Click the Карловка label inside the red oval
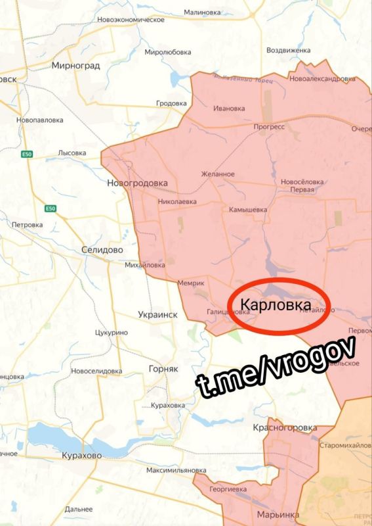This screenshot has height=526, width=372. pyautogui.click(x=276, y=304)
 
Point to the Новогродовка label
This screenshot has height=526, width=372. pyautogui.click(x=138, y=183)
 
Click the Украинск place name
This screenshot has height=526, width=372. pyautogui.click(x=158, y=315)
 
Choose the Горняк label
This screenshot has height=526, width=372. pyautogui.click(x=163, y=369)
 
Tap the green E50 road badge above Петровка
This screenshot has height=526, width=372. pyautogui.click(x=51, y=208)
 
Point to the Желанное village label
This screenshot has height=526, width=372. pyautogui.click(x=218, y=174)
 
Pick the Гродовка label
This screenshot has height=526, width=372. pyautogui.click(x=173, y=103)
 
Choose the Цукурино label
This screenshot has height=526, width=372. pyautogui.click(x=111, y=333)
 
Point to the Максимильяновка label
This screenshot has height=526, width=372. pyautogui.click(x=176, y=470)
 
